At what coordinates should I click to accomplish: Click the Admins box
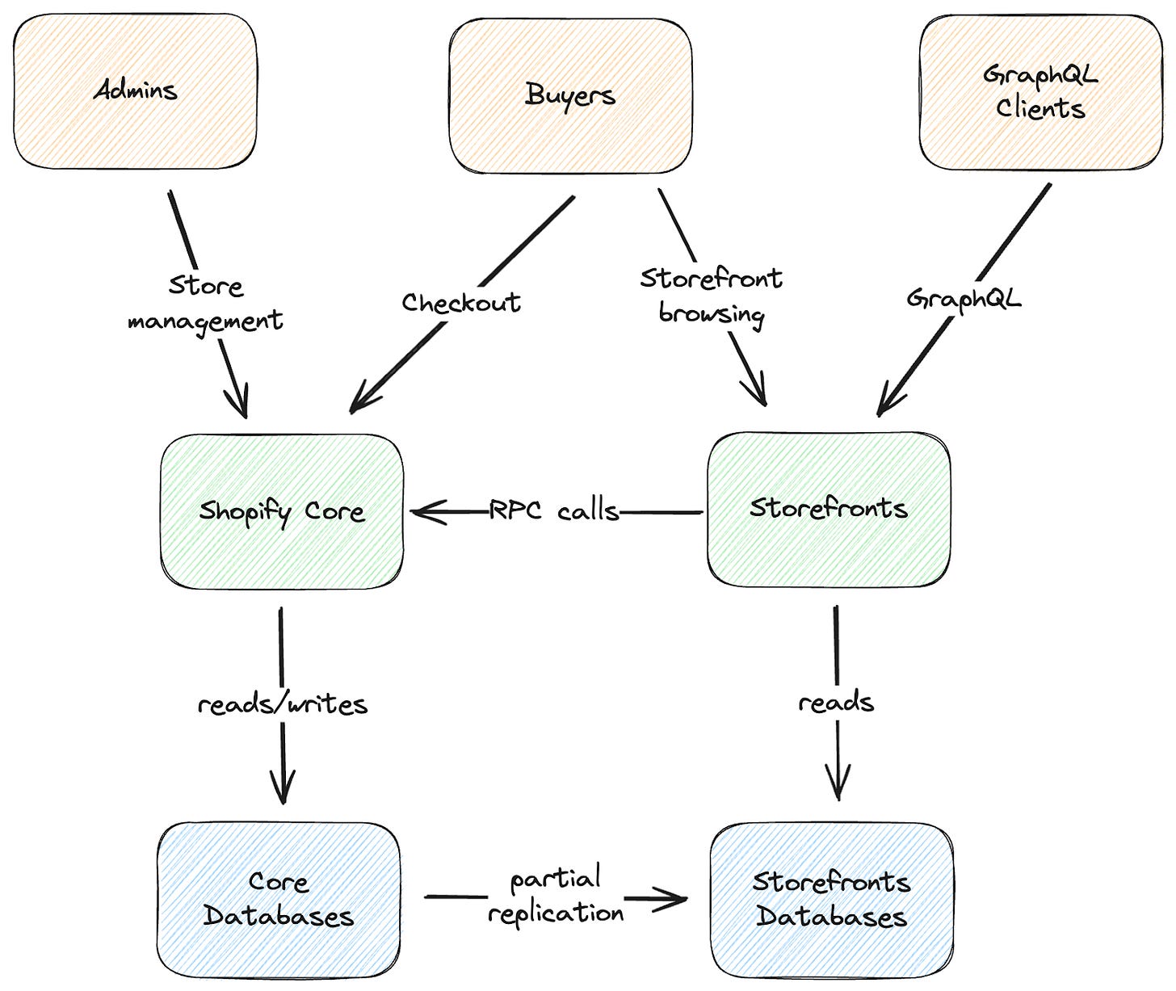click(135, 90)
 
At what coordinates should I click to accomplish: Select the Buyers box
click(570, 95)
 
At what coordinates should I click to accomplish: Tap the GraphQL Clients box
click(1040, 92)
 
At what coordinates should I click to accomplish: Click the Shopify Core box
click(282, 511)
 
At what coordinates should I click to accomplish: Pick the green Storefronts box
click(829, 508)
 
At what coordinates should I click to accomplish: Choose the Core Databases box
click(279, 900)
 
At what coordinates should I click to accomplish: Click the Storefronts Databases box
click(832, 900)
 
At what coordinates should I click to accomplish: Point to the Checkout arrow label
click(461, 303)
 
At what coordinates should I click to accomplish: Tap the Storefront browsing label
click(711, 296)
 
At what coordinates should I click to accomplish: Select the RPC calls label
click(554, 511)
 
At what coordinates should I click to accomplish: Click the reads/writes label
click(283, 704)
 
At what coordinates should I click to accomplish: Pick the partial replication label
click(556, 896)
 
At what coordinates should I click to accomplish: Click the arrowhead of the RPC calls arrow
click(424, 512)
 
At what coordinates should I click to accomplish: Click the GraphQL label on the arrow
click(964, 299)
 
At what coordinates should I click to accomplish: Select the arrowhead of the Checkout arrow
click(359, 404)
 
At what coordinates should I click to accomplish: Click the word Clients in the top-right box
click(1040, 108)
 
